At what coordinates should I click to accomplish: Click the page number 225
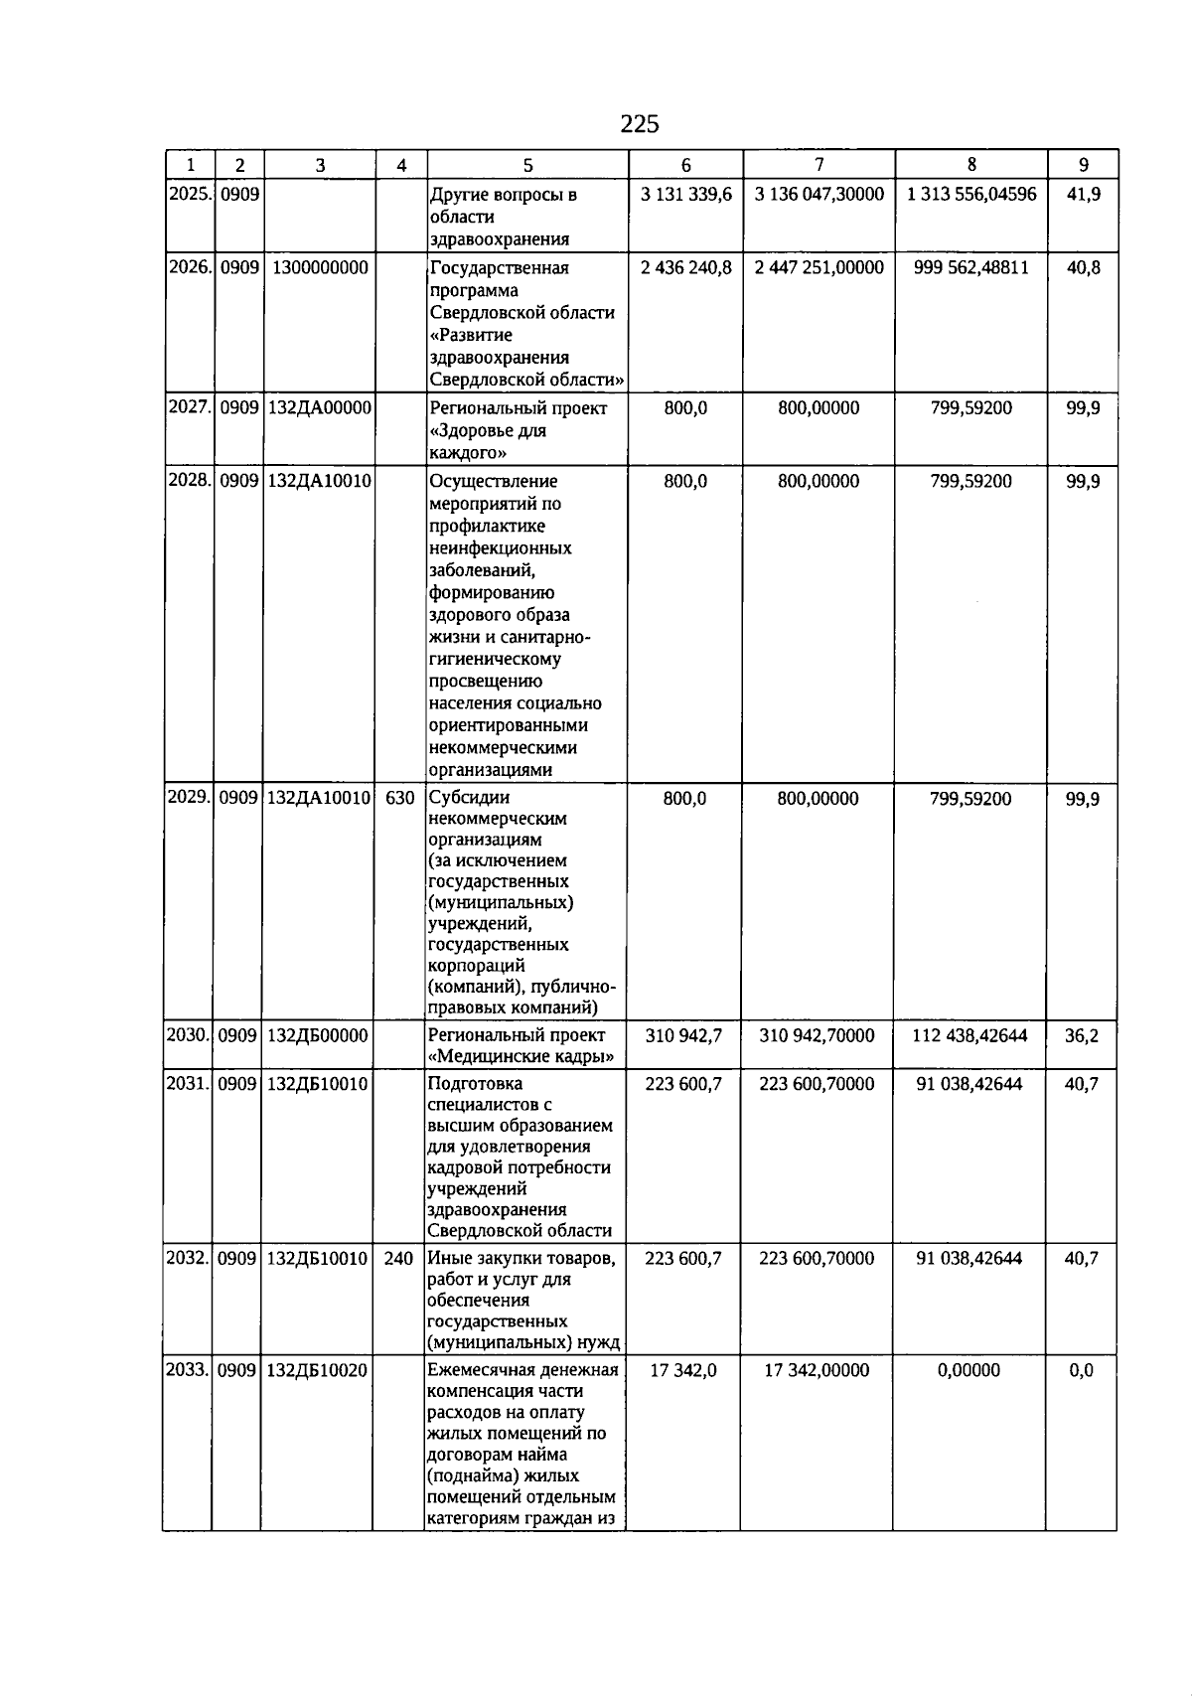point(639,124)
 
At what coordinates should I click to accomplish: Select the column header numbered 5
point(527,166)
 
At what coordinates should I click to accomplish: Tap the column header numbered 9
point(1083,165)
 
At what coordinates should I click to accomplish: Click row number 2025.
point(190,194)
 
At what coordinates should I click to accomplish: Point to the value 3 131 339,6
point(685,194)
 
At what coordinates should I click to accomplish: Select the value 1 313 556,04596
point(970,194)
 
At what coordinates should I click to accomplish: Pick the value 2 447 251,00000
point(819,267)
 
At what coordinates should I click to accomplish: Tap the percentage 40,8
point(1083,267)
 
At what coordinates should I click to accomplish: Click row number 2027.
point(190,407)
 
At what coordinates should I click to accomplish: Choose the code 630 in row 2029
point(399,798)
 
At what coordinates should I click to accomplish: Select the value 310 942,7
point(683,1035)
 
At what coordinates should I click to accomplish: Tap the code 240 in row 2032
point(398,1258)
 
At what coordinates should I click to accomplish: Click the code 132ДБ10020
point(318,1370)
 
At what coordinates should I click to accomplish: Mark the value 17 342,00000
point(817,1370)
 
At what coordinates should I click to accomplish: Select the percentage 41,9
point(1083,194)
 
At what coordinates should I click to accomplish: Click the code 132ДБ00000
point(318,1035)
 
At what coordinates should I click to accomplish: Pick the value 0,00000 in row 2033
point(968,1370)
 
